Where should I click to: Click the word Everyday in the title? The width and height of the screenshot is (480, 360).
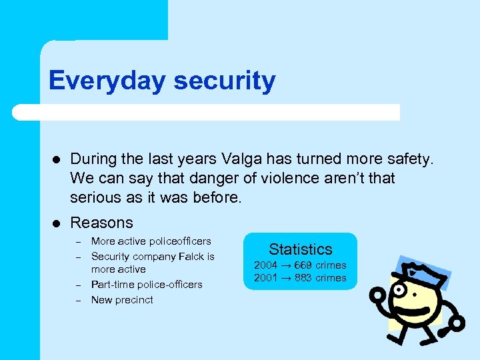pyautogui.click(x=106, y=81)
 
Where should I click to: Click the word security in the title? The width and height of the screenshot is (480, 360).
pyautogui.click(x=224, y=81)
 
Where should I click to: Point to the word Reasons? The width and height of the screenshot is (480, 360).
pyautogui.click(x=101, y=223)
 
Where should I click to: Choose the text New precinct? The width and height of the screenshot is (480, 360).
pyautogui.click(x=122, y=300)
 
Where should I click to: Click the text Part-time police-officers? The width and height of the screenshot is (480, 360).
pyautogui.click(x=146, y=285)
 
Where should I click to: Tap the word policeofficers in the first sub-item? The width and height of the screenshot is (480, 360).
pyautogui.click(x=179, y=241)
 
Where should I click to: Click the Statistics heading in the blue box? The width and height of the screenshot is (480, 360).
pyautogui.click(x=300, y=249)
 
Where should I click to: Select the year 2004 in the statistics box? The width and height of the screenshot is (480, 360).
pyautogui.click(x=265, y=265)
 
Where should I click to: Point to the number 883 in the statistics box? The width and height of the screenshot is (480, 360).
pyautogui.click(x=303, y=278)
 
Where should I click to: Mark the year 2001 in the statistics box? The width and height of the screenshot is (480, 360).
pyautogui.click(x=265, y=278)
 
